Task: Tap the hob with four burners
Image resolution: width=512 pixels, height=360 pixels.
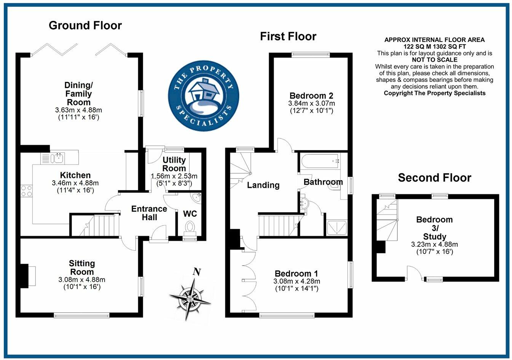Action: (27, 190)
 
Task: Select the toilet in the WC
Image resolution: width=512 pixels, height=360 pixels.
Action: (189, 227)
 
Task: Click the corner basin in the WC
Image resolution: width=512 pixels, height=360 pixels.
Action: (197, 197)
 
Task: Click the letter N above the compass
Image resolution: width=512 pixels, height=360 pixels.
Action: (196, 272)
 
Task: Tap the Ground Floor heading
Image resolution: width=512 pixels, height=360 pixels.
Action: (85, 26)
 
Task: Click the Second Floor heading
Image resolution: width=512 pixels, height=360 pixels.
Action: (434, 178)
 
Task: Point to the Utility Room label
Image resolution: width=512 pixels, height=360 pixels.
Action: (174, 164)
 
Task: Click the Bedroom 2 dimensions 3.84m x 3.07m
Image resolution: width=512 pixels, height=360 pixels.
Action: (311, 103)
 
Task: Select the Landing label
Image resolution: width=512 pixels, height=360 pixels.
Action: (263, 185)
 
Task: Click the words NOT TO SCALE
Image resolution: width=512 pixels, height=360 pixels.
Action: (434, 60)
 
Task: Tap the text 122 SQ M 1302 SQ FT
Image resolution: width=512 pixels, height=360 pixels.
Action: (434, 46)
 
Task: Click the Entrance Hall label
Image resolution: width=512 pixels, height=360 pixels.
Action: (149, 213)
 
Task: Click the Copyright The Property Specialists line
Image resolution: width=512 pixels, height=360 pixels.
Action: (434, 93)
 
